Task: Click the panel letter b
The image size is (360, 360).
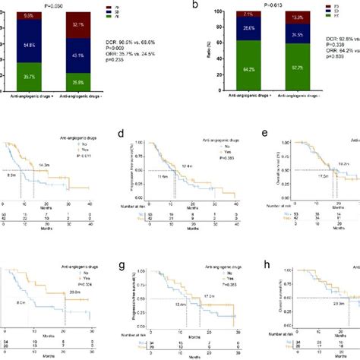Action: [x=196, y=5]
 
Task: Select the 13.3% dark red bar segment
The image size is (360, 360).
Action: [x=298, y=17]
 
